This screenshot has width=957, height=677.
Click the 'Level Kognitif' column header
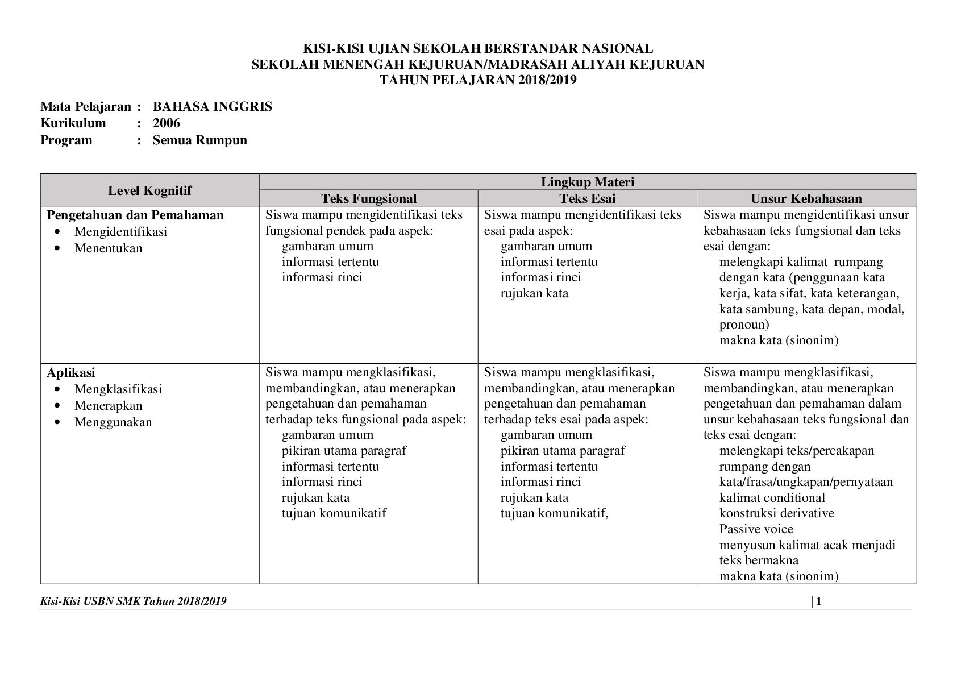(149, 190)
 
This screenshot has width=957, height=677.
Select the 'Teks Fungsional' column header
(369, 198)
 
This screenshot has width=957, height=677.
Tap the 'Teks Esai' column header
(587, 198)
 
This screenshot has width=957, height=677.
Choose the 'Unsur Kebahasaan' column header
(806, 198)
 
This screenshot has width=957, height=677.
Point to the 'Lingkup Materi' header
(587, 182)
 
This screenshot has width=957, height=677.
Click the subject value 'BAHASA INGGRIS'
(212, 107)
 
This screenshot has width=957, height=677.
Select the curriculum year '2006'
(166, 123)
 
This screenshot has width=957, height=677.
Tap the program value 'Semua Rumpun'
(199, 140)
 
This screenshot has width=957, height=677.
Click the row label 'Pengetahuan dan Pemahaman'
(135, 215)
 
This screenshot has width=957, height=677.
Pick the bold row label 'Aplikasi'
(71, 373)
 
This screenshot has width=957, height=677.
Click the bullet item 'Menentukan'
(108, 248)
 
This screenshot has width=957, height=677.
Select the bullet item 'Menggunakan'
(113, 422)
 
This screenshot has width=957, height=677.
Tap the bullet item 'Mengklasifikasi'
(118, 389)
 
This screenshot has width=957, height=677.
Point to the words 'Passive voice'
(756, 529)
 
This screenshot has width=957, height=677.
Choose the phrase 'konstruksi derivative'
(776, 513)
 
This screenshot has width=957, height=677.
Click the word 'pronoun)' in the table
(744, 325)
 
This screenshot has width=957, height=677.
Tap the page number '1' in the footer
(819, 601)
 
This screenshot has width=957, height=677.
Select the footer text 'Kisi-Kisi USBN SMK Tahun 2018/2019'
(134, 601)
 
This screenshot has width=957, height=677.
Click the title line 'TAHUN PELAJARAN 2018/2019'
(478, 80)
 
